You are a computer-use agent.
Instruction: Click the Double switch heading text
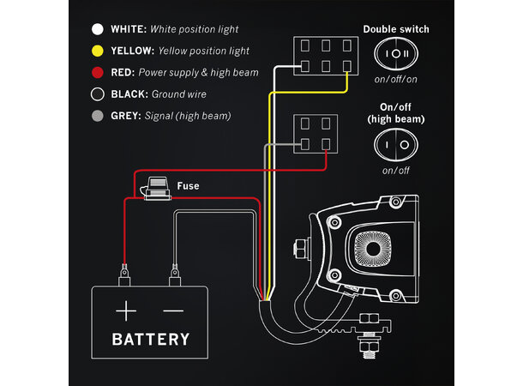tap(396, 28)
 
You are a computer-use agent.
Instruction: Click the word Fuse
tap(189, 185)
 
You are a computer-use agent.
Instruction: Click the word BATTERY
tap(151, 339)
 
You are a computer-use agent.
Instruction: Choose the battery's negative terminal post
tap(175, 276)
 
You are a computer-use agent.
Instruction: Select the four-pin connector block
tap(315, 134)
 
